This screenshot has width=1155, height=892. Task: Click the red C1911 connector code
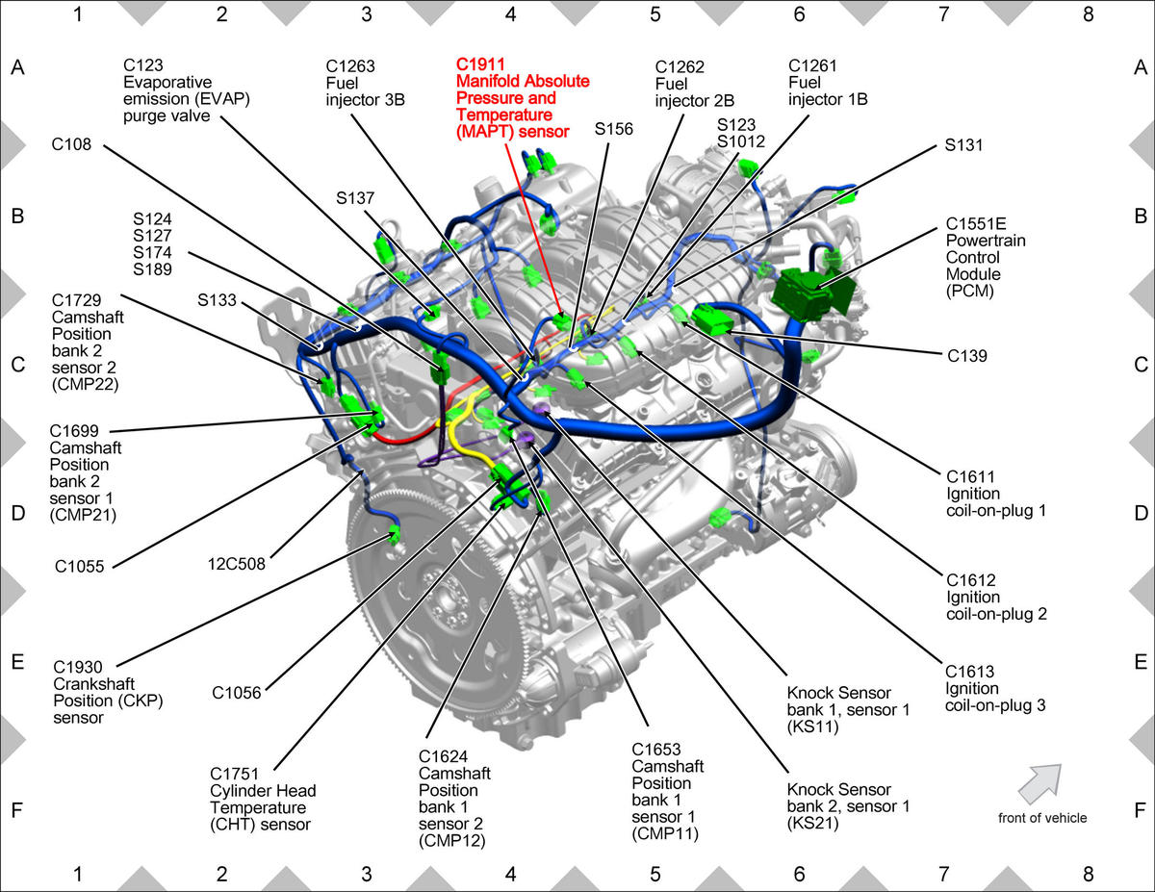pos(480,64)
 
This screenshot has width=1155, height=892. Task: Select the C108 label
pos(71,144)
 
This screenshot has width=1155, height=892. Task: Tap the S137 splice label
pos(355,198)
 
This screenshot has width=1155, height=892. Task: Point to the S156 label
pos(614,129)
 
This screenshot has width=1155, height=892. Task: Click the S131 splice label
pos(963,145)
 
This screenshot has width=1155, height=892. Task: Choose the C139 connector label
pos(967,355)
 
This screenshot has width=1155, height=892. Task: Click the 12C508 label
pos(236,564)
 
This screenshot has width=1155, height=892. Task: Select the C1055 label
pos(79,567)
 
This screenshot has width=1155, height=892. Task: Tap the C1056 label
pos(237,693)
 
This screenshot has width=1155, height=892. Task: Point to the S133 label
pos(217,300)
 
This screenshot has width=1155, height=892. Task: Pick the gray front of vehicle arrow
pos(1040,784)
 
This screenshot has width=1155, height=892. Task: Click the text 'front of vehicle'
pos(1042,818)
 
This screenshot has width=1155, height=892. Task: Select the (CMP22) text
pos(85,384)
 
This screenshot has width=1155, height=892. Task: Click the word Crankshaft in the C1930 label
pos(94,684)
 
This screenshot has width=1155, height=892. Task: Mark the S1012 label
pos(741,141)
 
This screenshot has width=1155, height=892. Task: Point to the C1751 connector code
pos(235,774)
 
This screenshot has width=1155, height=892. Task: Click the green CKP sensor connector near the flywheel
pos(394,533)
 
